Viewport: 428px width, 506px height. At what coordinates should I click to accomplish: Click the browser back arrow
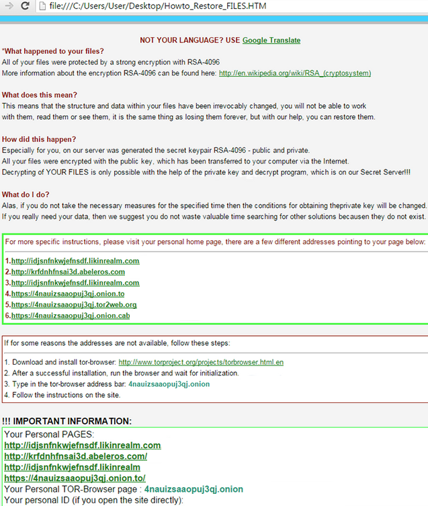(x=7, y=6)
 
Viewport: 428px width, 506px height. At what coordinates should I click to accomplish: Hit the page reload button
(x=25, y=6)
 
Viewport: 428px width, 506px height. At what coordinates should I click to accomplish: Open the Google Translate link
(x=271, y=40)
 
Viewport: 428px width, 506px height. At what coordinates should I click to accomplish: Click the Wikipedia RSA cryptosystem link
(x=295, y=73)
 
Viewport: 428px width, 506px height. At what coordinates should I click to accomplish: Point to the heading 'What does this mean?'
(x=40, y=95)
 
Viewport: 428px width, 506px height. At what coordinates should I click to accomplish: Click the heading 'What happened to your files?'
(x=54, y=51)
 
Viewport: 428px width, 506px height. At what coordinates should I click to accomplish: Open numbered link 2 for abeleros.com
(x=68, y=272)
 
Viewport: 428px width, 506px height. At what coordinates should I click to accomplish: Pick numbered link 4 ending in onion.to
(x=68, y=294)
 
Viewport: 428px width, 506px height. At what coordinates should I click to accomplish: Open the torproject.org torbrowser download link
(x=201, y=362)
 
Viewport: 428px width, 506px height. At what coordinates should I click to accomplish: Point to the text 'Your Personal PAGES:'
(x=49, y=435)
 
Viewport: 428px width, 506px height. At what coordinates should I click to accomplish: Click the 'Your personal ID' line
(x=93, y=500)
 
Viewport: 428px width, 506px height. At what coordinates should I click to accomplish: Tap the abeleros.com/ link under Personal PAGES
(x=75, y=456)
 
